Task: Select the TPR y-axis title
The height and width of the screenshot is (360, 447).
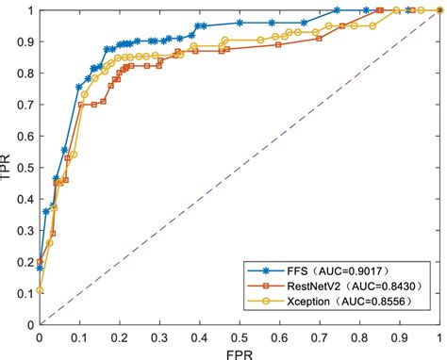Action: (x=8, y=168)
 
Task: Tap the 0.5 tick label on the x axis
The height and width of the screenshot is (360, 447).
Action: (x=238, y=335)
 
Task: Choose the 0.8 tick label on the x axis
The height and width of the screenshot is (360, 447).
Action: (x=357, y=335)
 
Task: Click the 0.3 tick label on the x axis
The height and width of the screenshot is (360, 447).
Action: (x=158, y=335)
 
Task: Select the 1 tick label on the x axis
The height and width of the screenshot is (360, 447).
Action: (x=437, y=335)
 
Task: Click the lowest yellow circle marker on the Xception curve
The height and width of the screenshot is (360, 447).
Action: (x=40, y=290)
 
